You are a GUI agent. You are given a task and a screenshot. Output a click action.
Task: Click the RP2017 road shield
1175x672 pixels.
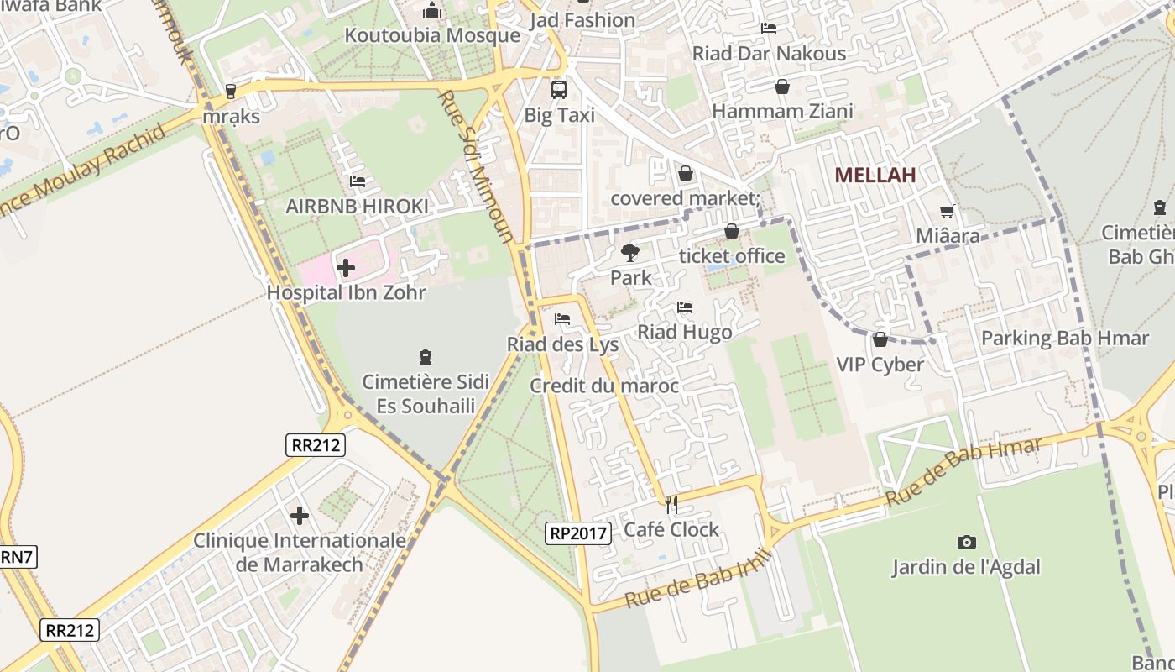coord(577,532)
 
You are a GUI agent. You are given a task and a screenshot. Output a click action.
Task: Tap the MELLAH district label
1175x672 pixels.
coord(875,175)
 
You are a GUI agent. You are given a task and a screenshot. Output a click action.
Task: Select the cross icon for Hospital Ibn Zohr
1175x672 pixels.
coord(345,269)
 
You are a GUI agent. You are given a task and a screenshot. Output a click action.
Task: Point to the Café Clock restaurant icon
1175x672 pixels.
coord(671,504)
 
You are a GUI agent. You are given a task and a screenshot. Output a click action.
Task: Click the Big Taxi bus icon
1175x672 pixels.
coord(558,90)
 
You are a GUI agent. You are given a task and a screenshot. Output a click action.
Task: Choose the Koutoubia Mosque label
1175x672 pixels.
coord(432,35)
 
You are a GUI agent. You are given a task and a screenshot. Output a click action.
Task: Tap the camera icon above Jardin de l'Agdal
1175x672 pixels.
coord(966,543)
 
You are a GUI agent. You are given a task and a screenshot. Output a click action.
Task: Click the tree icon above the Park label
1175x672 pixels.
coord(629,252)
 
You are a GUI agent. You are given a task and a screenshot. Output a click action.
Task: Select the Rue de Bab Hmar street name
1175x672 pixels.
coord(963,471)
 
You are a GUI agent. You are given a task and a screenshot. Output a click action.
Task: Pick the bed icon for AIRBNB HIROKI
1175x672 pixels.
coord(358,181)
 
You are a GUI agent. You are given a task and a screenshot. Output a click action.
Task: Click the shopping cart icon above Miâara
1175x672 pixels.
coord(948,212)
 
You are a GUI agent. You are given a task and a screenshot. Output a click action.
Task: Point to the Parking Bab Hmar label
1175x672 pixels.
coord(1064,339)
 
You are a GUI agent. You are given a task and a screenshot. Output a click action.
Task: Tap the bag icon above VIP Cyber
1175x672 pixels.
coord(880,339)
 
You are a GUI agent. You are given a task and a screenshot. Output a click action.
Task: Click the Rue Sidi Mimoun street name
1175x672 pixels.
coord(474,166)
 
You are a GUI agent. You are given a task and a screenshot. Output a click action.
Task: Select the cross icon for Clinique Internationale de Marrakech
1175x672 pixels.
coord(300,515)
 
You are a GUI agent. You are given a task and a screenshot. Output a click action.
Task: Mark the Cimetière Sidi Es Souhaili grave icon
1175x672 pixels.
coord(426,357)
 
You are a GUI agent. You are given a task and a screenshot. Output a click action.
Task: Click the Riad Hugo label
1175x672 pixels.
coord(684,332)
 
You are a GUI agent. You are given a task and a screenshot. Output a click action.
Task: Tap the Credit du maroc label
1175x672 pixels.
coord(603,386)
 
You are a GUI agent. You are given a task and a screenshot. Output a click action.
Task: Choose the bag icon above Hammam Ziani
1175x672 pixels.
coord(782,87)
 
